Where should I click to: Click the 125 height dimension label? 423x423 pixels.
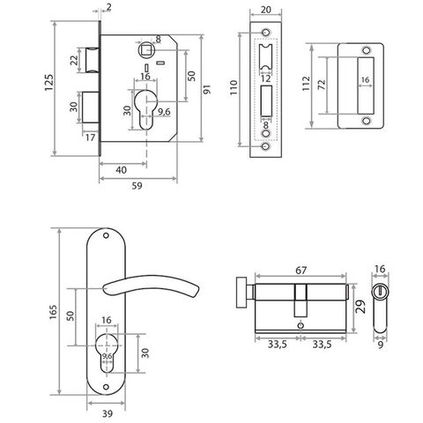49,83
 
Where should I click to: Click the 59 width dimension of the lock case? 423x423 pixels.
137,186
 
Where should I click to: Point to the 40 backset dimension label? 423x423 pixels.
121,170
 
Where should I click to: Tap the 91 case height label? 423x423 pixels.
207,89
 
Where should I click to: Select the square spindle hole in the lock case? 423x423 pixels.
145,49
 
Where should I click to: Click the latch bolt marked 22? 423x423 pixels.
92,60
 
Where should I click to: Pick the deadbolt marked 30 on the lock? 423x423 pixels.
91,108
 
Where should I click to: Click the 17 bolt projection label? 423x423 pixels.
91,137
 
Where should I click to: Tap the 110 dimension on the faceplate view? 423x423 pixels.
234,87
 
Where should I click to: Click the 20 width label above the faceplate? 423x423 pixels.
265,10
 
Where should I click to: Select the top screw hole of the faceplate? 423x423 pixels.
266,32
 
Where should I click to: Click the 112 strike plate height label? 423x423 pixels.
306,84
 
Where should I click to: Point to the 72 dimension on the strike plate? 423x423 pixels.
322,85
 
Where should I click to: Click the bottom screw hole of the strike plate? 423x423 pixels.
366,121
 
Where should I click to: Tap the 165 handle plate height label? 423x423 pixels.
53,312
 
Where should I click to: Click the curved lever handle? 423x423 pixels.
152,284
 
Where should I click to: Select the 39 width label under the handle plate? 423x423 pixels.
108,414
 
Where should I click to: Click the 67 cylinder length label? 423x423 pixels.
301,271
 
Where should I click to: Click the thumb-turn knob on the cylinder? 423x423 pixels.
241,293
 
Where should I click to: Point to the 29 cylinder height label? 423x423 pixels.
361,307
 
